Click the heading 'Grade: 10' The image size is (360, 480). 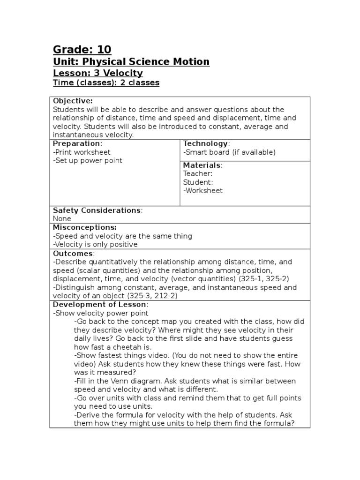coord(82,50)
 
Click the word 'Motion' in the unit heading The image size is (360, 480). coord(190,62)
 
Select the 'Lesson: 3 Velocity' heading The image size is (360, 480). coord(97,73)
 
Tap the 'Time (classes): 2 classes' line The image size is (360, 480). coord(106,83)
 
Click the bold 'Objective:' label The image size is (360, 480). coord(73,101)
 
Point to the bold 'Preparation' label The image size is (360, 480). coord(76,143)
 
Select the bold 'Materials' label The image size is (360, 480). coord(202,165)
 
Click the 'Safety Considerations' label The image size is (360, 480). coord(97,210)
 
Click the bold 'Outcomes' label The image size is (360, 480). coord(73,254)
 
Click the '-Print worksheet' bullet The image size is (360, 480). coord(82,152)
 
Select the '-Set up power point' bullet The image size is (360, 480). coord(88,160)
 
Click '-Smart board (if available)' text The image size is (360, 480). coord(229,152)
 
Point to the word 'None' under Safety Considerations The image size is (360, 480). coord(62,219)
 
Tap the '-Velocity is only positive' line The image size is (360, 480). coord(95,245)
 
